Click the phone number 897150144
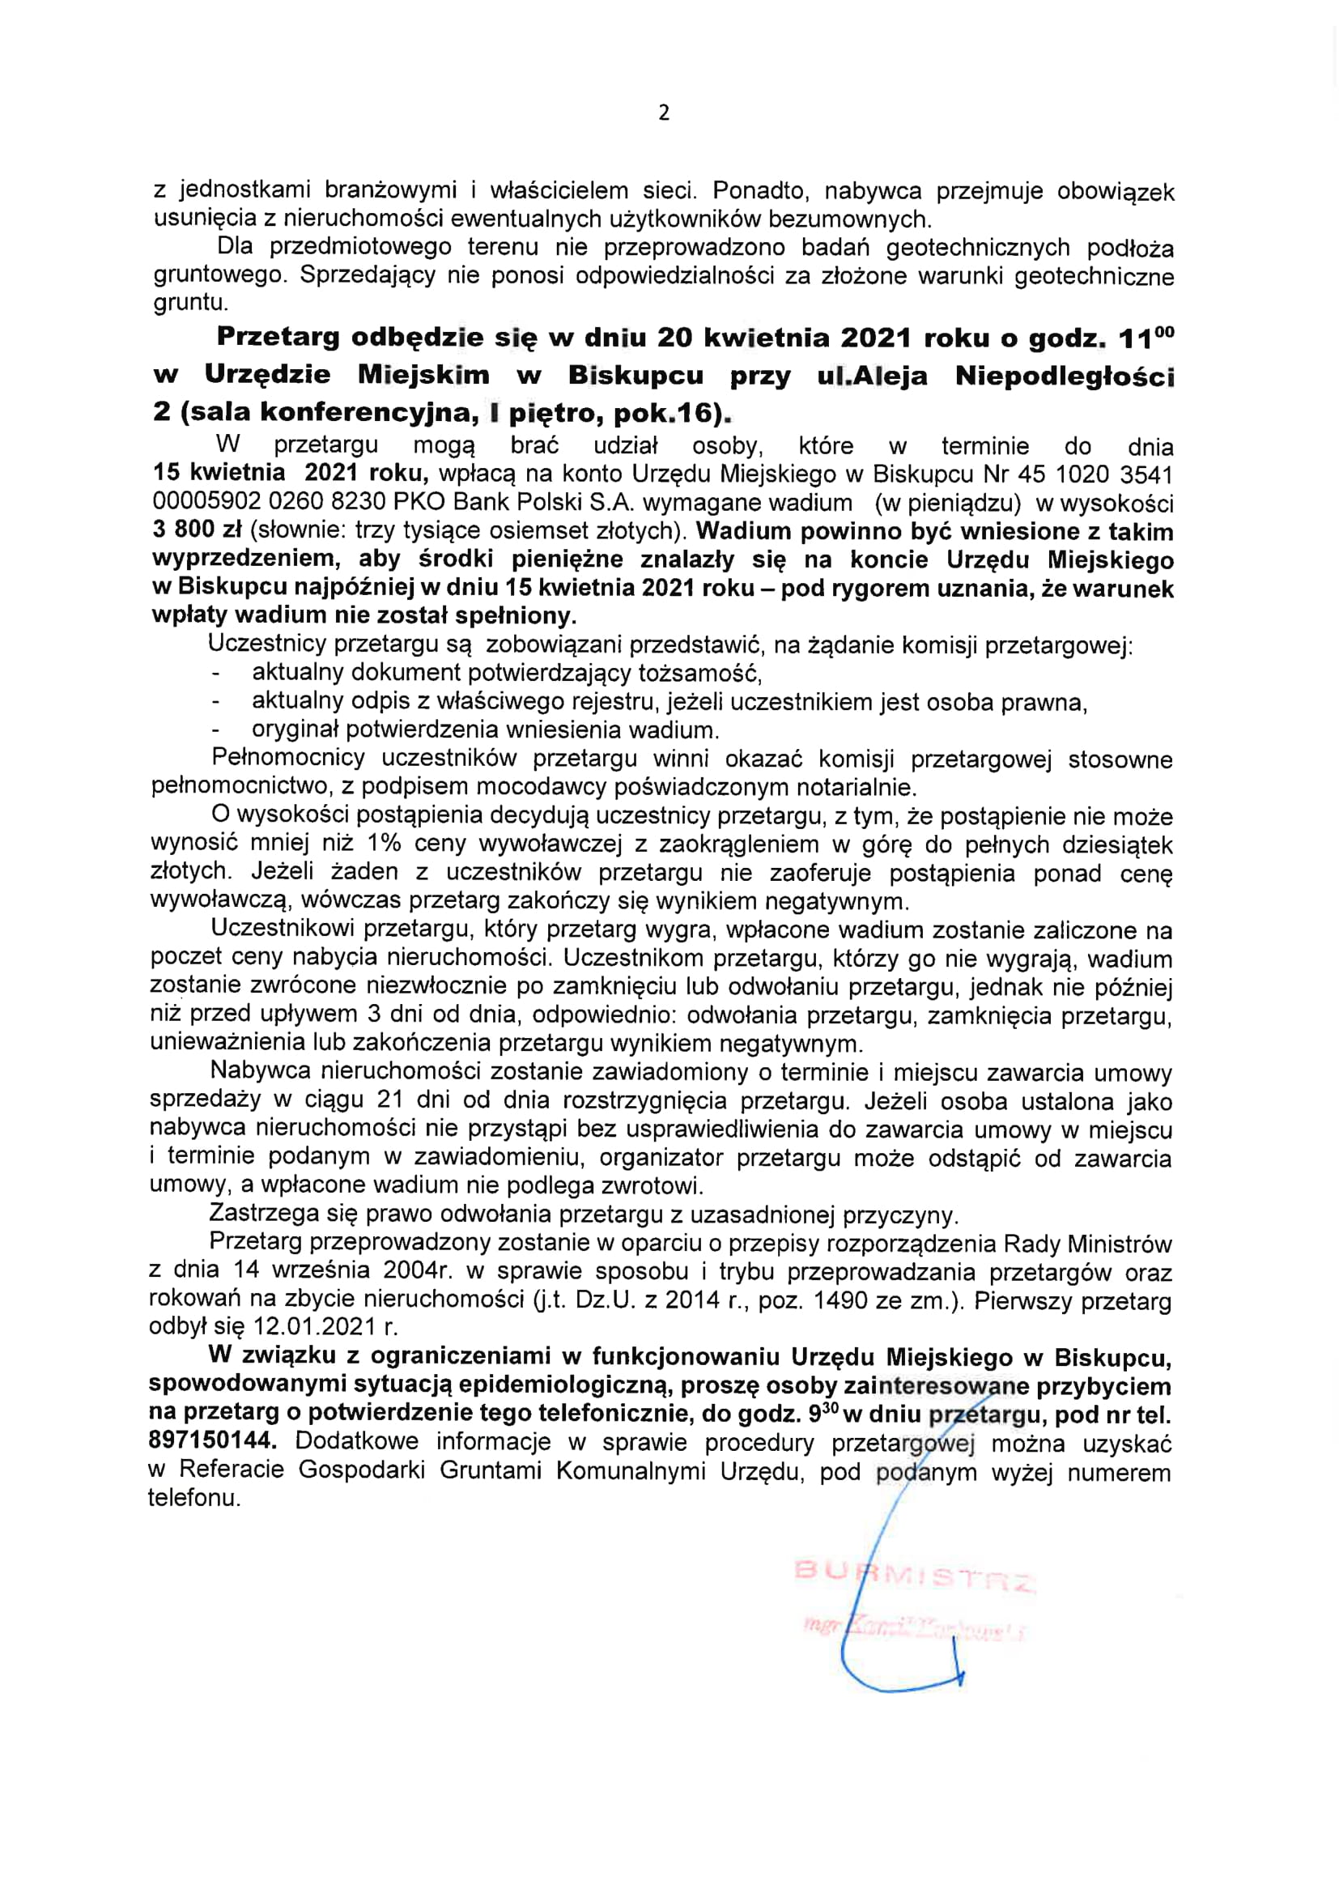211,1440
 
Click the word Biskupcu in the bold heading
635,376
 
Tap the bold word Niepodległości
1065,376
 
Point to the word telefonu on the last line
193,1498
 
